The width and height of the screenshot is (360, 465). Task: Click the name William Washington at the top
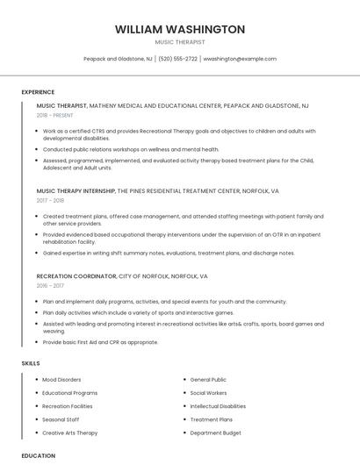pyautogui.click(x=179, y=29)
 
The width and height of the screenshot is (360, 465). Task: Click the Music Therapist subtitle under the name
pyautogui.click(x=179, y=42)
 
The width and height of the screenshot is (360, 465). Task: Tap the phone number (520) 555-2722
pyautogui.click(x=177, y=59)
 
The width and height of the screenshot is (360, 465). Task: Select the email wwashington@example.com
pyautogui.click(x=240, y=59)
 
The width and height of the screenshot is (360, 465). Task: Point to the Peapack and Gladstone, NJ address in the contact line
pyautogui.click(x=118, y=59)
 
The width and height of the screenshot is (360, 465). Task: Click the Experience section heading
pyautogui.click(x=38, y=92)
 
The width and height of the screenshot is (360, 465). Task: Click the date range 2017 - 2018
pyautogui.click(x=50, y=200)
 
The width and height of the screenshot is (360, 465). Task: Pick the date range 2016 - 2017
pyautogui.click(x=50, y=285)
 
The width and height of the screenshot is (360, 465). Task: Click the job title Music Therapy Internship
pyautogui.click(x=76, y=190)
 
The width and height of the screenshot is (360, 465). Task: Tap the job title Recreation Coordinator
pyautogui.click(x=76, y=275)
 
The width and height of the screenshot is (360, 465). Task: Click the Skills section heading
pyautogui.click(x=31, y=362)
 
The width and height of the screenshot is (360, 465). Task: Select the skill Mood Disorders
pyautogui.click(x=61, y=380)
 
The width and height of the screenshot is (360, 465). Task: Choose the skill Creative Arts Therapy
pyautogui.click(x=69, y=433)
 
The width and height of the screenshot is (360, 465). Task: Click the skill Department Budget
pyautogui.click(x=215, y=433)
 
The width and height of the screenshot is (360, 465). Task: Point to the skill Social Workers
pyautogui.click(x=208, y=393)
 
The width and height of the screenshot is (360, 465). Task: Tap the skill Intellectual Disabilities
pyautogui.click(x=218, y=406)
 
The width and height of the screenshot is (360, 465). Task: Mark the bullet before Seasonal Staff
pyautogui.click(x=35, y=419)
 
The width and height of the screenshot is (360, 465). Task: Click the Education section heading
pyautogui.click(x=38, y=456)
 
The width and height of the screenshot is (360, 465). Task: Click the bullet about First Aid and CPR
pyautogui.click(x=100, y=342)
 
